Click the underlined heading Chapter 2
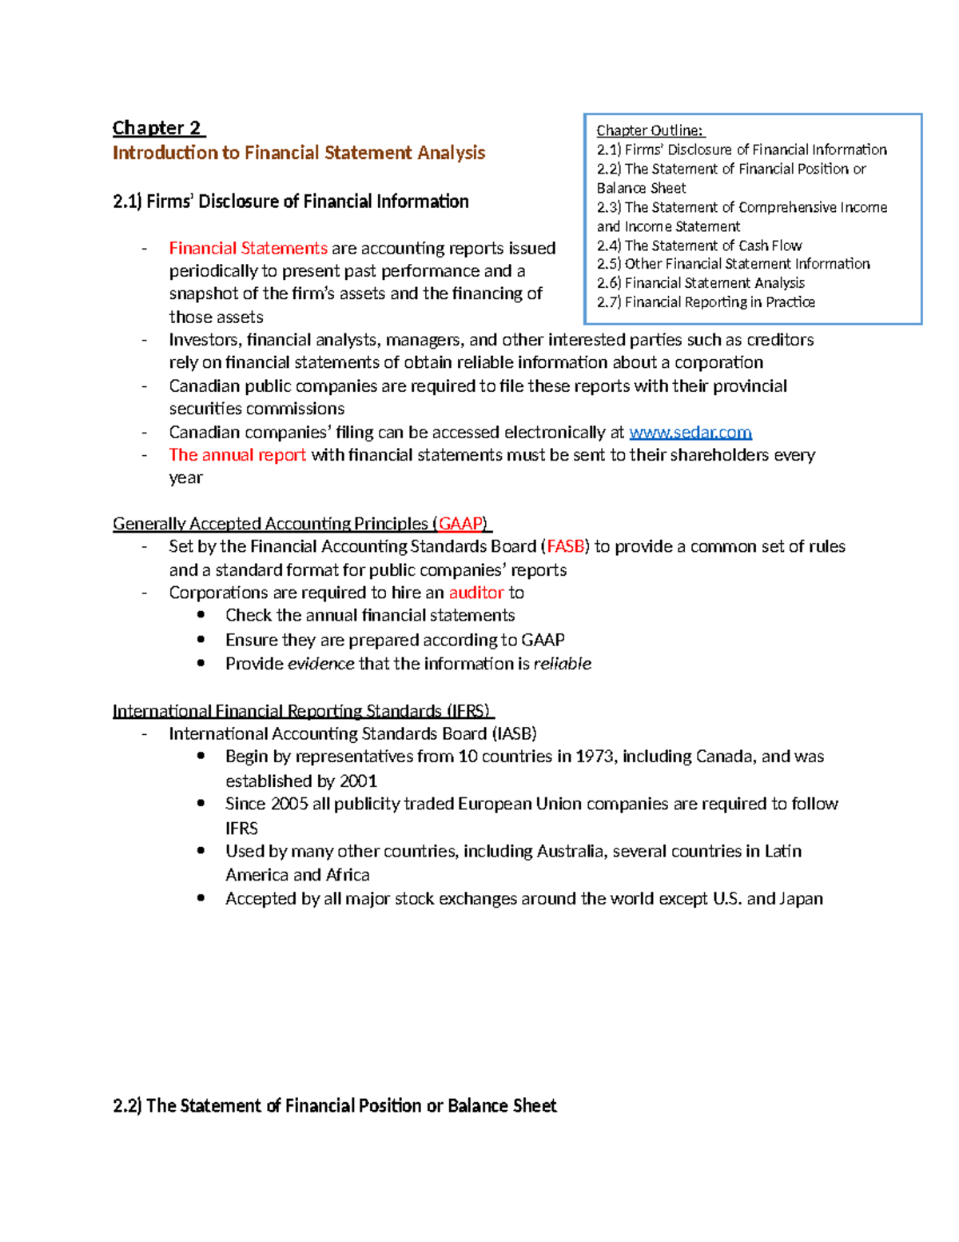[157, 128]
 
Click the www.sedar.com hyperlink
[690, 433]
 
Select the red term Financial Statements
[248, 249]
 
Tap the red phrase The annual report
[237, 455]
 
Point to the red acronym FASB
[566, 547]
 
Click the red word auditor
[476, 593]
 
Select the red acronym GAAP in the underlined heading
[461, 524]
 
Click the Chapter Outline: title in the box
[650, 130]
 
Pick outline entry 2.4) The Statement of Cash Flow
[698, 246]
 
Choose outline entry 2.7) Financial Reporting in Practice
[705, 302]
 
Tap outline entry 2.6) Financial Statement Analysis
[700, 283]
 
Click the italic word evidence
[320, 664]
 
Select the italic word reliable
[562, 664]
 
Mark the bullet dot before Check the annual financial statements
[201, 615]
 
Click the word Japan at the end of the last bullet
[801, 899]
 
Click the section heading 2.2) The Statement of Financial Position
[334, 1106]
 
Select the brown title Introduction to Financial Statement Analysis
[298, 153]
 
